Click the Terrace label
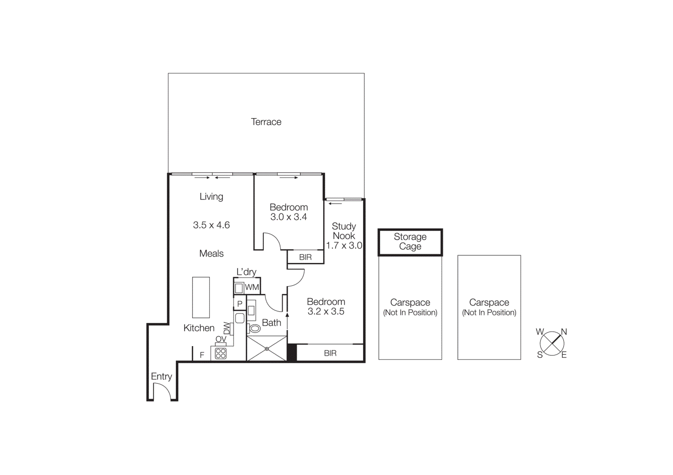pos(266,122)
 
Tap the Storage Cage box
pos(410,242)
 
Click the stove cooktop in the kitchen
pos(221,353)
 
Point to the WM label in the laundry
pos(252,287)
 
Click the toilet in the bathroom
pos(254,328)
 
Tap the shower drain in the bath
pos(267,349)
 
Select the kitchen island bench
pos(201,297)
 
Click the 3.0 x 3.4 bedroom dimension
pos(289,217)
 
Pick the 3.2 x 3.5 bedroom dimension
pos(326,312)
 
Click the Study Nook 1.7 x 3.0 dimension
pos(344,246)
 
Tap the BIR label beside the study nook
pos(305,257)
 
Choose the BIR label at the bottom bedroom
pos(330,353)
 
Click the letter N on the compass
pos(564,332)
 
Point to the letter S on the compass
pos(540,355)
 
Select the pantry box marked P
pos(240,303)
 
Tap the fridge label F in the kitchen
pos(202,355)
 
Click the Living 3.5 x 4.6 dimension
pos(211,225)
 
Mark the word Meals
pos(211,254)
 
